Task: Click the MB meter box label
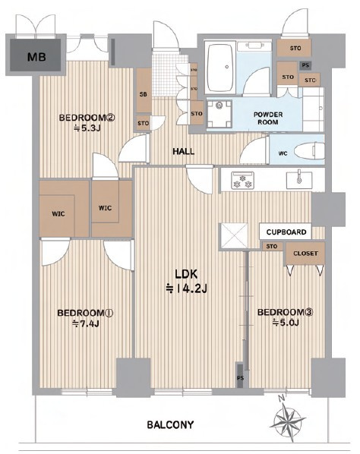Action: [36, 57]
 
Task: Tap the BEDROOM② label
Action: [87, 118]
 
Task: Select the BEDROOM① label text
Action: [85, 313]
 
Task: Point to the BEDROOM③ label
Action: [286, 313]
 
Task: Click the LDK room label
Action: [186, 273]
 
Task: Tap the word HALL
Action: [184, 151]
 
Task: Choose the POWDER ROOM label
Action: [268, 118]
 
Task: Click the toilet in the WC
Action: [309, 151]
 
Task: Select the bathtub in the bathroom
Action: [221, 68]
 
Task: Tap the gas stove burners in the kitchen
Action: [242, 181]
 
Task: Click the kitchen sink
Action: [299, 180]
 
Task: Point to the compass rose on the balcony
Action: [287, 418]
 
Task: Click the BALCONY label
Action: [170, 425]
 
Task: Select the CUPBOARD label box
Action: [286, 232]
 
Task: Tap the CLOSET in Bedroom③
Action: [305, 254]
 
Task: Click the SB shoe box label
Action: [143, 94]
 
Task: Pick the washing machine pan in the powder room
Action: [219, 114]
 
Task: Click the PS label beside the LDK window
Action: [241, 378]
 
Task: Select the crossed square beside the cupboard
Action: [234, 236]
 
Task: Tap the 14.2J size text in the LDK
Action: [191, 288]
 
